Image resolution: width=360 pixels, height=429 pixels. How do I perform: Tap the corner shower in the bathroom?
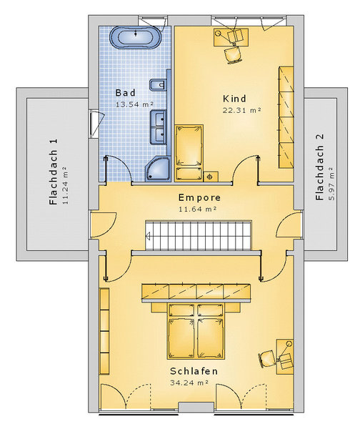(159, 169)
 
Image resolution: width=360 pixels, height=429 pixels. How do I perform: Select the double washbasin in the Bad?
(159, 127)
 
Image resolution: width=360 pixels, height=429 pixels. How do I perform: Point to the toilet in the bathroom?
(158, 85)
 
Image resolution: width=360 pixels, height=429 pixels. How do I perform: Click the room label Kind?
(234, 99)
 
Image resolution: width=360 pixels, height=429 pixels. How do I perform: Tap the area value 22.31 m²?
(241, 110)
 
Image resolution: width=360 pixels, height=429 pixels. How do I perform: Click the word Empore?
(199, 197)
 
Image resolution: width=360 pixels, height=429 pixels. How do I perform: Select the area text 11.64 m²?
(198, 209)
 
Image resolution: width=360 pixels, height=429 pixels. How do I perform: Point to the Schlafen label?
(194, 371)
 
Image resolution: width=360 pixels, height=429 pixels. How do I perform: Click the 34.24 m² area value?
(189, 383)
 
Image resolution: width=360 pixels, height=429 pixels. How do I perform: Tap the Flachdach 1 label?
(54, 172)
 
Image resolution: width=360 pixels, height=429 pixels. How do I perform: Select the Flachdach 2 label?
(319, 167)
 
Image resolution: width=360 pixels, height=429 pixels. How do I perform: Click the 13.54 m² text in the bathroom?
(134, 104)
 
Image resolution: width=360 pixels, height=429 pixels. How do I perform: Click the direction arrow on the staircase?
(149, 235)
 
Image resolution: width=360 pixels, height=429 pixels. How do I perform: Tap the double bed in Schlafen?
(196, 331)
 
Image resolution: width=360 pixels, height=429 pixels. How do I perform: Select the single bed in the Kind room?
(189, 153)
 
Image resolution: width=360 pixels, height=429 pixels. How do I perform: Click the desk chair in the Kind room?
(233, 55)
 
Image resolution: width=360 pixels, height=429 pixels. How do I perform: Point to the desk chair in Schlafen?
(266, 358)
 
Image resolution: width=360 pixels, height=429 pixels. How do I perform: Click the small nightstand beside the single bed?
(211, 177)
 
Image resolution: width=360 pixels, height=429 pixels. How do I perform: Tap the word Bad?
(125, 93)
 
